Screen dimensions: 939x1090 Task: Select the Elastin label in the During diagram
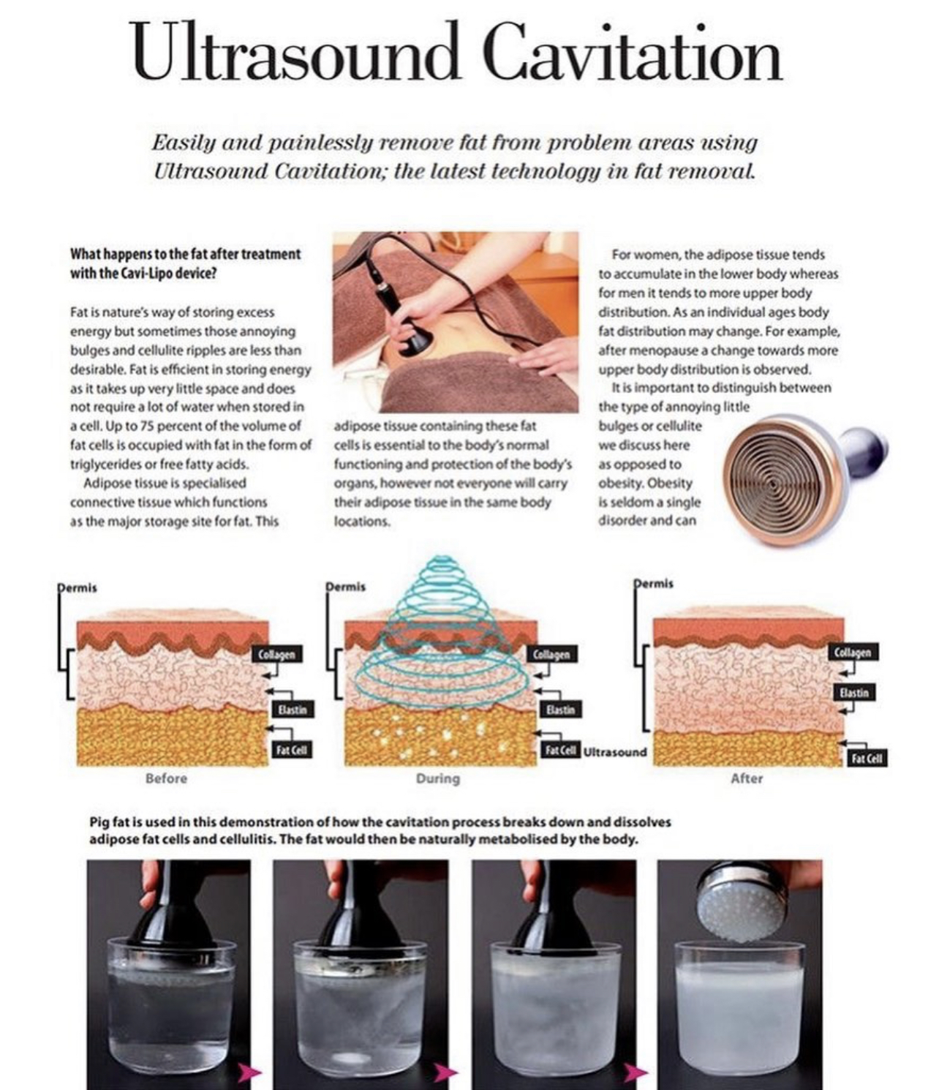pyautogui.click(x=560, y=710)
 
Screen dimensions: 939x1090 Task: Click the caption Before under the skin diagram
pyautogui.click(x=167, y=778)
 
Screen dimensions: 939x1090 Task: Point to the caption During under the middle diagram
pyautogui.click(x=438, y=778)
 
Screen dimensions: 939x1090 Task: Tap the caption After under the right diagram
pyautogui.click(x=747, y=778)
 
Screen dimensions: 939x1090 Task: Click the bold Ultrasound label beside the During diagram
pyautogui.click(x=615, y=752)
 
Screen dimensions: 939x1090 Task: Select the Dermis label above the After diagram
pyautogui.click(x=654, y=583)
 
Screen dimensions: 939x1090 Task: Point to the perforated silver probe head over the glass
pyautogui.click(x=744, y=905)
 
